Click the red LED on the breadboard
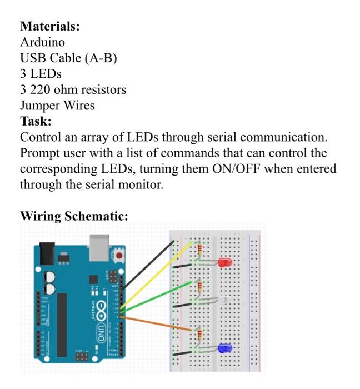click(224, 262)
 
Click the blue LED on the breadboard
click(224, 348)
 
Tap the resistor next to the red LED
click(199, 251)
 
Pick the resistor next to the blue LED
click(199, 335)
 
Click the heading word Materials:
click(50, 26)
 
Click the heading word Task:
click(36, 121)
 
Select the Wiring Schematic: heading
click(74, 216)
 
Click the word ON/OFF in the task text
click(233, 169)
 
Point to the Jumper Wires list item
click(57, 106)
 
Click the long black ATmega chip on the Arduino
click(62, 323)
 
